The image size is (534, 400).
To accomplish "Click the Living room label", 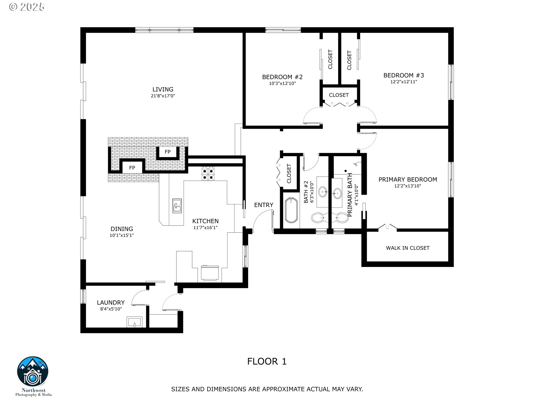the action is [x=163, y=89].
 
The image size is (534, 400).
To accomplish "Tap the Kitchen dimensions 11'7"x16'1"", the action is [x=205, y=227].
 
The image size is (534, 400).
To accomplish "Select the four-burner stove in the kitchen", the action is [x=208, y=174].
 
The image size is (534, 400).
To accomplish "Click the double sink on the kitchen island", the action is [x=177, y=206].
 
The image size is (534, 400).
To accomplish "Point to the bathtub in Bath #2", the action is [x=291, y=210].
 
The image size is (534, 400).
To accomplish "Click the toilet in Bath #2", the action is [x=318, y=218].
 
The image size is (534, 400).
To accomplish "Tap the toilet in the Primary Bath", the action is [x=340, y=218].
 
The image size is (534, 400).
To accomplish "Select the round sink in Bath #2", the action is [x=323, y=191].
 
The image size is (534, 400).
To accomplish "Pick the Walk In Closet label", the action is [x=407, y=248].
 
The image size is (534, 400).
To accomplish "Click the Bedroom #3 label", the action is [x=404, y=75].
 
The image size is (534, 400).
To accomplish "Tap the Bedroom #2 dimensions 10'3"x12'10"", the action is [x=282, y=83].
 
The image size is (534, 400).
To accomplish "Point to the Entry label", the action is [x=264, y=205].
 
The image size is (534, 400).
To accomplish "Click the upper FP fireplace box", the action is [x=167, y=152].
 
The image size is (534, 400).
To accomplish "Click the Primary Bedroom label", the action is [x=408, y=179].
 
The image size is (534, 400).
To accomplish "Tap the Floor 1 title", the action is [x=267, y=361].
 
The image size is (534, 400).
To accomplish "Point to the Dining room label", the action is [x=122, y=229].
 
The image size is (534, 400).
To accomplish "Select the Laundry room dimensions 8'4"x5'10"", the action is [x=111, y=309].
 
